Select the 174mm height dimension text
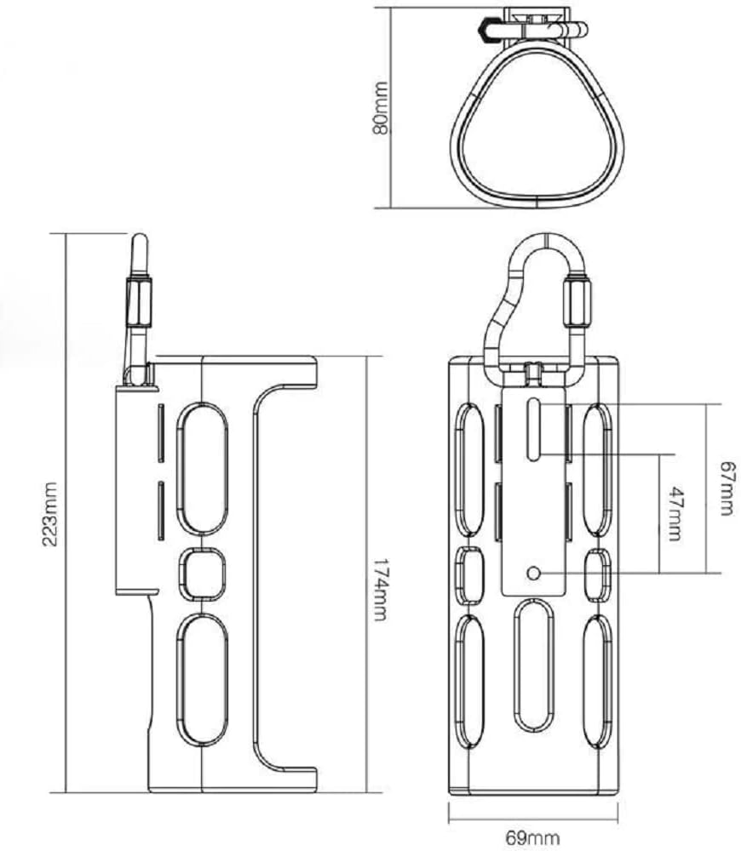click(x=379, y=590)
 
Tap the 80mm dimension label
click(x=380, y=108)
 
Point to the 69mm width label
click(x=532, y=837)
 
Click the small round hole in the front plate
click(x=534, y=573)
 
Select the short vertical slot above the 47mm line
click(x=534, y=429)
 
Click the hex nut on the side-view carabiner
click(x=139, y=303)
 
